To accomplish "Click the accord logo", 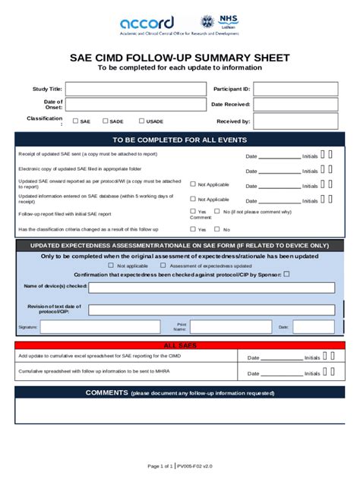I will tap(147, 22).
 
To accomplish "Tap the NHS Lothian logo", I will tap(219, 22).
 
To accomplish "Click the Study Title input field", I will tap(135, 89).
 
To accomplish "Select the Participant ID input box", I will tap(295, 89).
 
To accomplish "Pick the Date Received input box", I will tap(295, 105).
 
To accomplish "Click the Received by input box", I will tap(295, 121).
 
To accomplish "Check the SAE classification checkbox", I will tap(75, 121).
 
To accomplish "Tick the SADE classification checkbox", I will tap(105, 121).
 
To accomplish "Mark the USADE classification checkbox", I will tap(141, 121).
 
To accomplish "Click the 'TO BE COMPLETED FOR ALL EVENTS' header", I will tap(179, 140).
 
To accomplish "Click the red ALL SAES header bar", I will tap(180, 345).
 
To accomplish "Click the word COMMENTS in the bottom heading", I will tap(106, 392).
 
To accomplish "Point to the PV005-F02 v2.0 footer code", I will tap(195, 465).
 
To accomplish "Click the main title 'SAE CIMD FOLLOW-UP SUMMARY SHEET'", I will tap(179, 57).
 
